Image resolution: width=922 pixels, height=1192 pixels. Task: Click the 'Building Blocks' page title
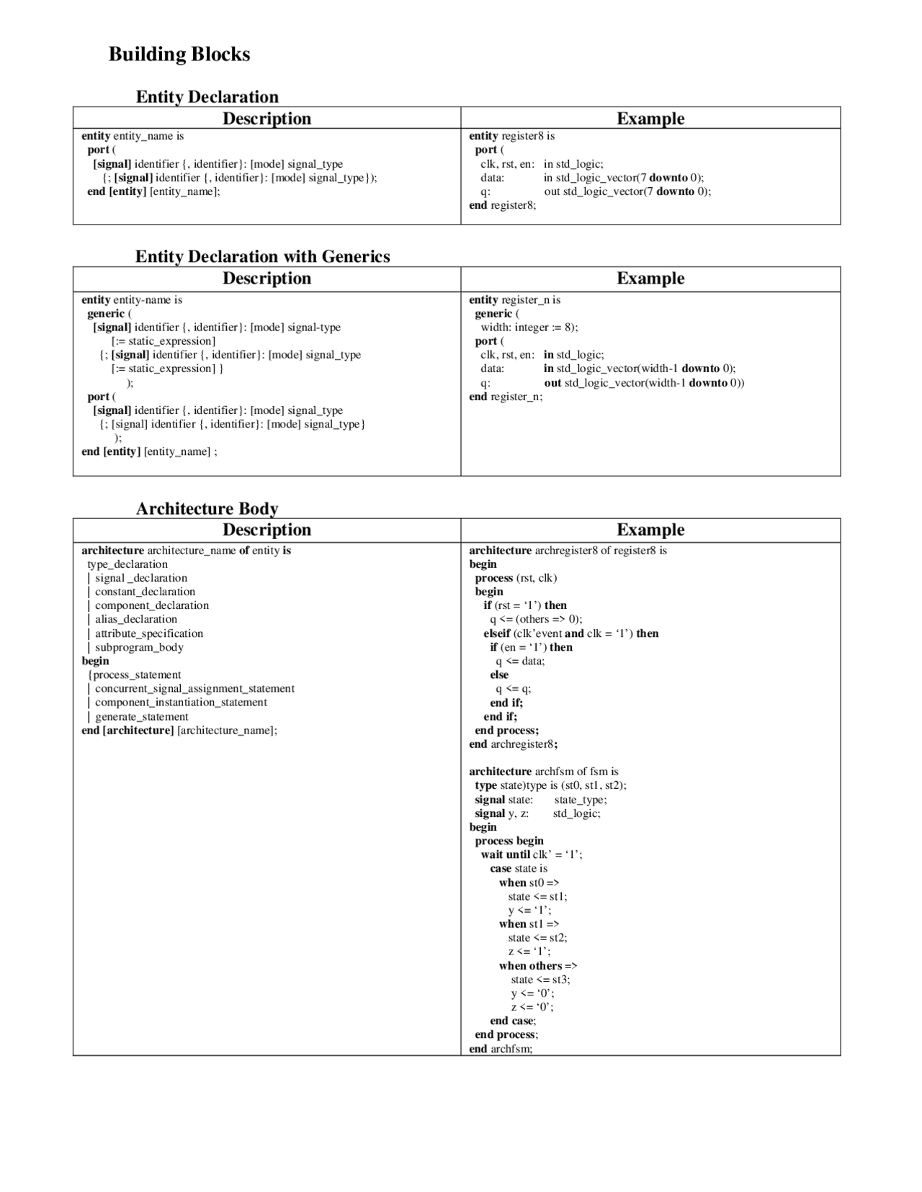[179, 54]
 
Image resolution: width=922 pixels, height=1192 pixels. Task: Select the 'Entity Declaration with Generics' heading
[263, 257]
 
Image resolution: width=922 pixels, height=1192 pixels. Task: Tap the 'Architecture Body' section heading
[207, 509]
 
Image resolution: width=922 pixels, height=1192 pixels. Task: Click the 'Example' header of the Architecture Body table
[650, 530]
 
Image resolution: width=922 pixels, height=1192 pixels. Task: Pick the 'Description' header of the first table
[267, 119]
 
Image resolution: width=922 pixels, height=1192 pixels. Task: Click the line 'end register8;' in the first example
[503, 205]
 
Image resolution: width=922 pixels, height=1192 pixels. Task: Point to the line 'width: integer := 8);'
[529, 328]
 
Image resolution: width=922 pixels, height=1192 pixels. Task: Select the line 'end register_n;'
[506, 397]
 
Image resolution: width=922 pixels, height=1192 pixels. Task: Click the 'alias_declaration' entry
[136, 619]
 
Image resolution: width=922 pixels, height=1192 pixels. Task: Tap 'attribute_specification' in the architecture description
[149, 633]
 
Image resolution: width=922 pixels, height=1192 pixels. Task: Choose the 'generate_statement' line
[142, 716]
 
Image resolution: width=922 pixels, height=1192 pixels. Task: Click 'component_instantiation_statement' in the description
[181, 703]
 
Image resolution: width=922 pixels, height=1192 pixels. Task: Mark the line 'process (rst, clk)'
[516, 578]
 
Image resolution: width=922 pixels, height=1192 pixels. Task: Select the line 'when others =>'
[538, 966]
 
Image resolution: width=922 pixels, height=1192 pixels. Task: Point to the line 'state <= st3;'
[540, 980]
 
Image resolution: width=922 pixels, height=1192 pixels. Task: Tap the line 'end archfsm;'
[501, 1049]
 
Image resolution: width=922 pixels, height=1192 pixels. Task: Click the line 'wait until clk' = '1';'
[532, 854]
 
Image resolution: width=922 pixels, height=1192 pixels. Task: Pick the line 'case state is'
[519, 869]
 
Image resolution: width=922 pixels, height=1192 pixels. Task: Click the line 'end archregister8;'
[514, 744]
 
